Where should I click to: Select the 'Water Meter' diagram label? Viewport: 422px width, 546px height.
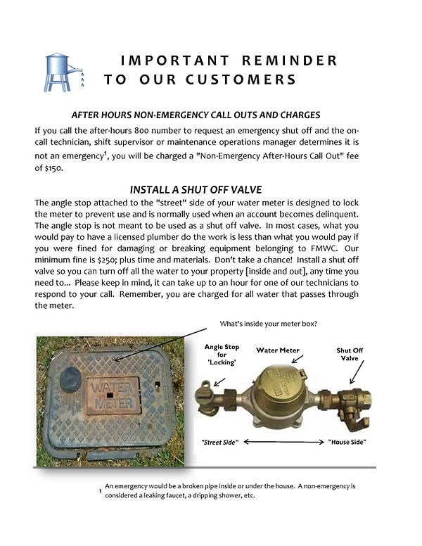pyautogui.click(x=280, y=350)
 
